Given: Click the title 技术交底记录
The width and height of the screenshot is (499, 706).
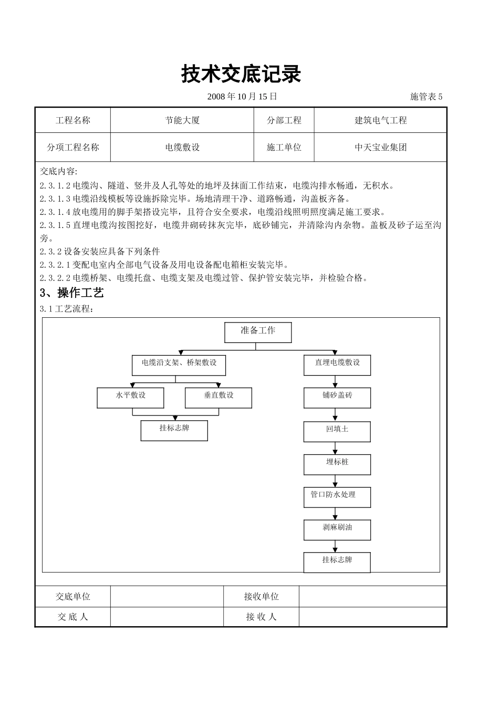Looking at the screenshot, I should point(241,75).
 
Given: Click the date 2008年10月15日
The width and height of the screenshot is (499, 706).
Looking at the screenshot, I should point(242,96).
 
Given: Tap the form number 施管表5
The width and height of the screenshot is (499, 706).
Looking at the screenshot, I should point(426,97).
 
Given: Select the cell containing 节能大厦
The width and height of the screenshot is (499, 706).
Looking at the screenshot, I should point(182,120).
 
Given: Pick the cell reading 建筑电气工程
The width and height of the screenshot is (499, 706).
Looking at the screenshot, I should point(380,120).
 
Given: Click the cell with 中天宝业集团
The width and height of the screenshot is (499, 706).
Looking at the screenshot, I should point(380,148).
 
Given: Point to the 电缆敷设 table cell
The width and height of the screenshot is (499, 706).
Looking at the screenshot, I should point(182,148).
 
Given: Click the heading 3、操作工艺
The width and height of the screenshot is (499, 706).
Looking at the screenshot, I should point(72,293).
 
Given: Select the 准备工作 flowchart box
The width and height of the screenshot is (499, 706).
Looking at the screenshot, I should point(258,333).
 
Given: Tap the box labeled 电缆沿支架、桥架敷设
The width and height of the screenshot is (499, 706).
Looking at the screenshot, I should point(179,365).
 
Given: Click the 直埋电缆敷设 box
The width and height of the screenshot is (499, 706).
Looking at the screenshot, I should point(337,365).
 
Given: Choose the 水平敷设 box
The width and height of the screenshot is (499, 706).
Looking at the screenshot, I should point(130,398).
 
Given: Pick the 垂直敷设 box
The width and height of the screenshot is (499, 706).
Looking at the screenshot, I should point(219,398).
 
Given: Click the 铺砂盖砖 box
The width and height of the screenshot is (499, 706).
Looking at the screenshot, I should point(337,398).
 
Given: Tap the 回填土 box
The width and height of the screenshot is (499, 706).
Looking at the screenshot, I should point(337,431).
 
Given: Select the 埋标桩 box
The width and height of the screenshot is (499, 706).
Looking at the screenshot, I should point(337,464).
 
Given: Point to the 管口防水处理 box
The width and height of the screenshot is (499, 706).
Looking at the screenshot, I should point(337,497).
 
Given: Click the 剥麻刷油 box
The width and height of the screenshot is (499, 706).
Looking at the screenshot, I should point(337,529).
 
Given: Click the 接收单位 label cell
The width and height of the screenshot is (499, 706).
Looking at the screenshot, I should point(261,597).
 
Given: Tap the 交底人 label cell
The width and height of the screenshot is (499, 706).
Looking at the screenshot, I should point(73,617).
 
